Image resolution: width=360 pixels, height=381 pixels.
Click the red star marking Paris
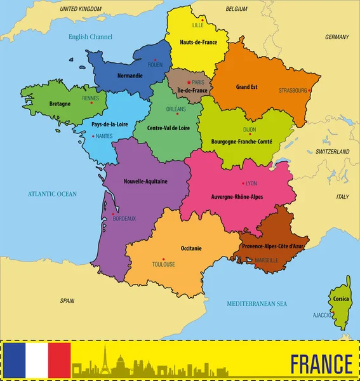pyautogui.click(x=189, y=83)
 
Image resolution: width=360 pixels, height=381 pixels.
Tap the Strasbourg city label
pyautogui.click(x=293, y=91)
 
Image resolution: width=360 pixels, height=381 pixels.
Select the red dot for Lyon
pyautogui.click(x=243, y=183)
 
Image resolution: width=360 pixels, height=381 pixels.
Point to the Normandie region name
pyautogui.click(x=131, y=76)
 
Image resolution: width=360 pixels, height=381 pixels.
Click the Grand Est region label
pyautogui.click(x=246, y=86)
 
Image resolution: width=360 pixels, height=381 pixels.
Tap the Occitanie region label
pyautogui.click(x=190, y=248)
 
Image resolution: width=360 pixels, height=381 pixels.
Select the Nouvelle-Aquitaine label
pyautogui.click(x=146, y=181)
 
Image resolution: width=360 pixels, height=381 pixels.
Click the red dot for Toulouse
pyautogui.click(x=164, y=258)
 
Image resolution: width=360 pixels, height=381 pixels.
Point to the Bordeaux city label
pyautogui.click(x=124, y=218)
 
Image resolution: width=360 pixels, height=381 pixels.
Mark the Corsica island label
pyautogui.click(x=340, y=298)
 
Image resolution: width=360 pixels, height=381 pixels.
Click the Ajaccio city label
pyautogui.click(x=322, y=315)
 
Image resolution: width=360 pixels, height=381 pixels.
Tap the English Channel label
pyautogui.click(x=90, y=37)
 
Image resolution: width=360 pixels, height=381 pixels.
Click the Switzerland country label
pyautogui.click(x=333, y=152)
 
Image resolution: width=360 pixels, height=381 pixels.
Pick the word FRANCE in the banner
pyautogui.click(x=321, y=364)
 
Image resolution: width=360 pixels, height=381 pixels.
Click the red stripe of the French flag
pyautogui.click(x=59, y=360)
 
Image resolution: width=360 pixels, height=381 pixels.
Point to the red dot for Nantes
pyautogui.click(x=93, y=136)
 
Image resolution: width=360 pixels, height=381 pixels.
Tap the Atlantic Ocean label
pyautogui.click(x=51, y=194)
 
